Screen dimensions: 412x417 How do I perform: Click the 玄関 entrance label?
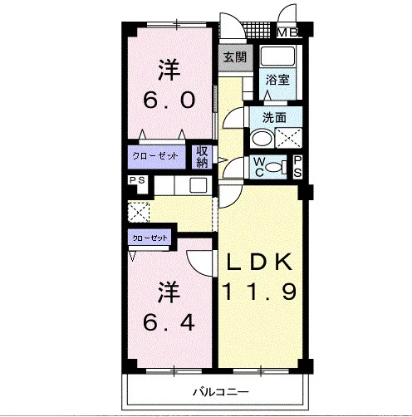[x=235, y=57]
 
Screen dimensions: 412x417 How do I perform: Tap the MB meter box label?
[x=287, y=33]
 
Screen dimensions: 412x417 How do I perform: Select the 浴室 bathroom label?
[x=277, y=80]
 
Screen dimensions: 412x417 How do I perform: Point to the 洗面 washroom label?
[x=274, y=118]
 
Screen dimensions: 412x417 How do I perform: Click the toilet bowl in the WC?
[x=272, y=167]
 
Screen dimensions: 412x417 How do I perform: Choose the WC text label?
[x=259, y=167]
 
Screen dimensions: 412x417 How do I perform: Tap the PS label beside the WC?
[x=297, y=166]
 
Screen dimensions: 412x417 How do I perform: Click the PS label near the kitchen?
[x=137, y=180]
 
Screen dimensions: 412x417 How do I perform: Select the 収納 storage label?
[x=202, y=157]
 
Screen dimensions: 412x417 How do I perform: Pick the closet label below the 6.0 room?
[x=155, y=156]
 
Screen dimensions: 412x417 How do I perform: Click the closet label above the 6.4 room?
[x=150, y=238]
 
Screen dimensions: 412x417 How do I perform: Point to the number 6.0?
[x=169, y=100]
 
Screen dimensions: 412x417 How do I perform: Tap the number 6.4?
[x=169, y=322]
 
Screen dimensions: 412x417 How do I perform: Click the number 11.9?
[x=260, y=292]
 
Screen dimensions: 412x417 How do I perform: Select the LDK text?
[x=260, y=262]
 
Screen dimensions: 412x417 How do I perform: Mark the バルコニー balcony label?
[x=221, y=392]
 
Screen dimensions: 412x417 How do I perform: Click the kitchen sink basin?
[x=199, y=185]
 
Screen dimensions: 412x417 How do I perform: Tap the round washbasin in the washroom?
[x=262, y=138]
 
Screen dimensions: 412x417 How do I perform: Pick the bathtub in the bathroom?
[x=277, y=56]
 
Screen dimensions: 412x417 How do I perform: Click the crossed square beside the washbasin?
[x=288, y=138]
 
